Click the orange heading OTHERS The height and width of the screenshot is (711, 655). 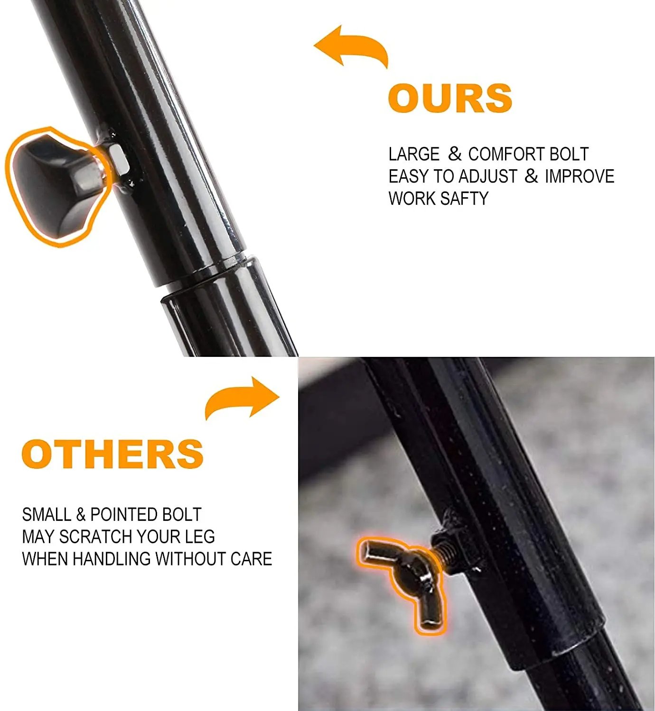coord(112,454)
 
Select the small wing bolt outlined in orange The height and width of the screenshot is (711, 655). coord(401,581)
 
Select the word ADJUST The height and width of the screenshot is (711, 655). coord(488,176)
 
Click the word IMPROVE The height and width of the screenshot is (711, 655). coord(580,176)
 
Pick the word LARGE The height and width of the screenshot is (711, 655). coord(414,154)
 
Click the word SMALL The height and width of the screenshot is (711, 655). coord(47,515)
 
